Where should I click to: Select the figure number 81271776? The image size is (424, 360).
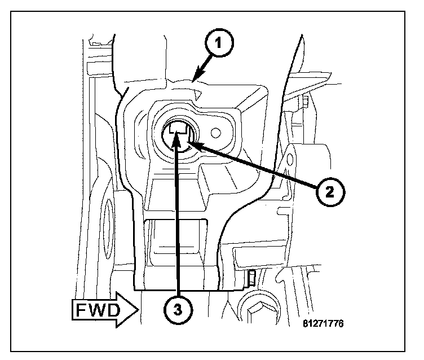[322, 324]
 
